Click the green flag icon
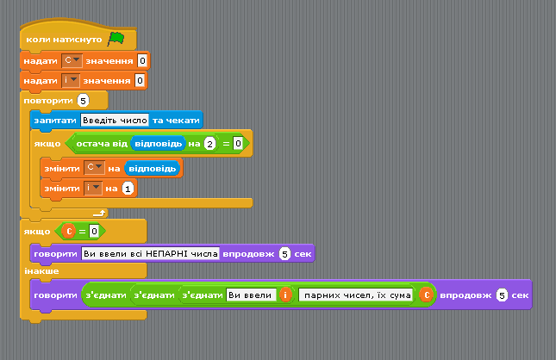tap(116, 38)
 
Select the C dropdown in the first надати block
tap(72, 60)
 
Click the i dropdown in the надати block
tap(70, 80)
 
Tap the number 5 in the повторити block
tap(83, 101)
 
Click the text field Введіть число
tap(115, 120)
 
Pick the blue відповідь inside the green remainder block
tap(158, 144)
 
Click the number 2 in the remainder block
tap(210, 144)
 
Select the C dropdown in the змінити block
tap(94, 168)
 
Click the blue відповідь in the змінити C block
tap(152, 168)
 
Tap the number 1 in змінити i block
tap(128, 189)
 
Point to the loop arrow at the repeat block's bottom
tap(99, 213)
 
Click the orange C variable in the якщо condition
tap(69, 232)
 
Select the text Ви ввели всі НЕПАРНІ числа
tap(150, 254)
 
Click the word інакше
tap(41, 271)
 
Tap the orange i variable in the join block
tap(285, 295)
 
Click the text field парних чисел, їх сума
tap(356, 295)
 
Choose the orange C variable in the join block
tap(427, 295)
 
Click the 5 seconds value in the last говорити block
tap(502, 295)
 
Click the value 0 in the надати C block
tap(142, 60)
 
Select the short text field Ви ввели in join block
tap(251, 295)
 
